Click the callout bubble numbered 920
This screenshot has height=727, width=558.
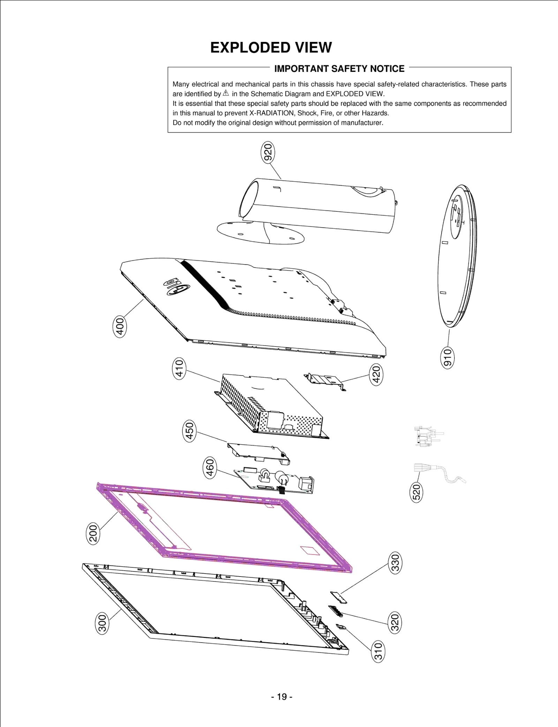tap(268, 153)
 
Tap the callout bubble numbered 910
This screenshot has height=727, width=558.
tap(447, 357)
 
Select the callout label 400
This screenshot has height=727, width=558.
tap(120, 326)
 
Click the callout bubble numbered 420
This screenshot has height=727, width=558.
tap(376, 374)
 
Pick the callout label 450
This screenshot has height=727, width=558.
tap(189, 431)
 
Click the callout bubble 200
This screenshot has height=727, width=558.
tap(93, 533)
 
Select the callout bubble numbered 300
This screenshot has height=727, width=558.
tap(102, 623)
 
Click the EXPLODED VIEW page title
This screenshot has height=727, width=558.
tap(271, 47)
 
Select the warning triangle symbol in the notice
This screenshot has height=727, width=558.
tap(226, 93)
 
